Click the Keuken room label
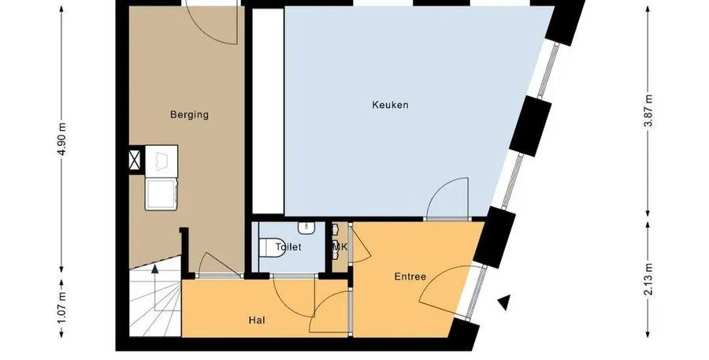390,105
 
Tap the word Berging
189,114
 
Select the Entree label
410,276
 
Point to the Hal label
257,321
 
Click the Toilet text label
288,247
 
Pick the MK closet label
340,247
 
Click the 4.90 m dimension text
62,139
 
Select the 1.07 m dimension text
62,308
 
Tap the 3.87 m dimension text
648,111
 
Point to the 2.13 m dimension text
648,280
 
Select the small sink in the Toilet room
306,227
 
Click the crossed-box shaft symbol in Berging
135,160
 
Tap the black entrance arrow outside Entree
504,302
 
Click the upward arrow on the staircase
155,288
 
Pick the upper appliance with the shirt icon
161,159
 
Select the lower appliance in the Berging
160,194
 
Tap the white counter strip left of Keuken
267,110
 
